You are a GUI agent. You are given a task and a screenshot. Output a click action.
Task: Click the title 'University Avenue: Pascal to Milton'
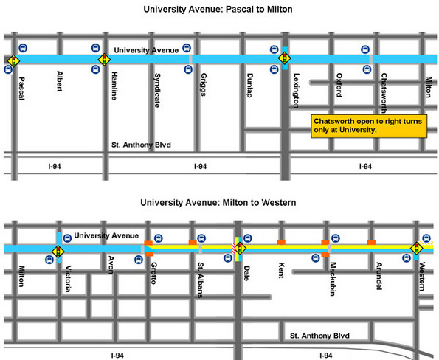pos(219,10)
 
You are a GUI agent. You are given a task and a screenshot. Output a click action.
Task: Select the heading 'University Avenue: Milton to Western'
pos(218,202)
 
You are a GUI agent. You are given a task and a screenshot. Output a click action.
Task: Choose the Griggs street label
pos(204,85)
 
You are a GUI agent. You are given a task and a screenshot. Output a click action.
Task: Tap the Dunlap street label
pos(249,86)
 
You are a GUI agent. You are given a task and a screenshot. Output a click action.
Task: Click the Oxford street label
pos(339,85)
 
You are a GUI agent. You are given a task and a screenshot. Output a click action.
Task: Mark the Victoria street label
pos(69,280)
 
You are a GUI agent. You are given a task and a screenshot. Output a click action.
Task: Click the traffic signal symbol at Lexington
pos(284,58)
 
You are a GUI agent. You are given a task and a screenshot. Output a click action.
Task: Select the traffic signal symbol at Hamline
pos(105,59)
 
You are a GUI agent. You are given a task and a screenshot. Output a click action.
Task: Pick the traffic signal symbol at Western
pos(417,249)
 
